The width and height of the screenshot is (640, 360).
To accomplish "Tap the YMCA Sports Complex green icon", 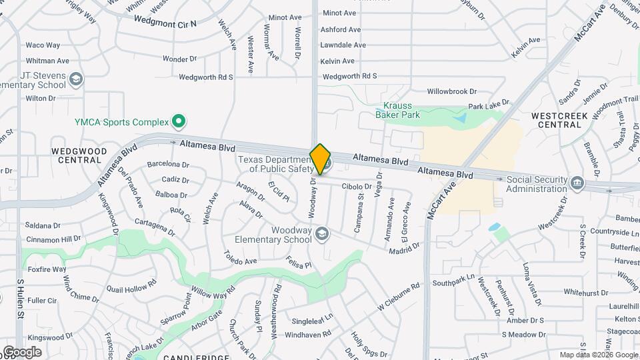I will pos(178,121).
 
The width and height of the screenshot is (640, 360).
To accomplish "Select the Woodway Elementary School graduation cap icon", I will pos(323,233).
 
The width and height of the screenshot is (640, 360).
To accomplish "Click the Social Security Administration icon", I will pos(577,181).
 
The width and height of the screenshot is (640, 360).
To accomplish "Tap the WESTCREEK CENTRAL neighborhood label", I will pos(556,120).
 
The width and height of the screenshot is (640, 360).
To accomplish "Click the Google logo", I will pos(22,351).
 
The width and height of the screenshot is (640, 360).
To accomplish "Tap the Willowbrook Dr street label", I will pos(452,91).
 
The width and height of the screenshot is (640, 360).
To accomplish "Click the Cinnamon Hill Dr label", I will pos(53,239).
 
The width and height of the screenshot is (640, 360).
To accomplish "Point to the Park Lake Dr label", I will pos(488,105).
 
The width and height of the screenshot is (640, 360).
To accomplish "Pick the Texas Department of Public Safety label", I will pos(275,163).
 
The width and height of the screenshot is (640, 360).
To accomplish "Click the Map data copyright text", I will pos(599,355).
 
